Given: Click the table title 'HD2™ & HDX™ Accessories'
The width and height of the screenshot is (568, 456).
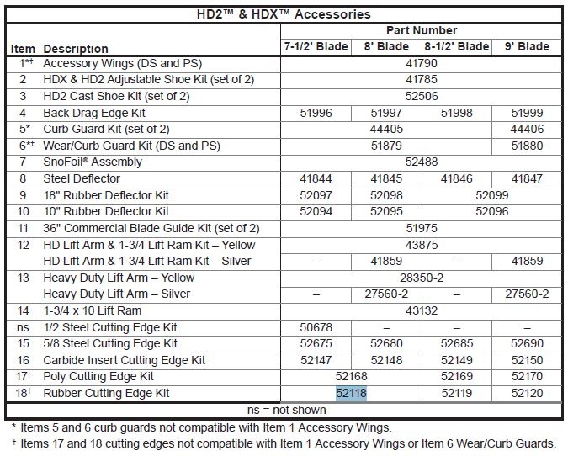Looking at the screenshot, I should tap(284, 14).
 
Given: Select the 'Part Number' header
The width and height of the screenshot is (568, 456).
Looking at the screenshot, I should tap(422, 30).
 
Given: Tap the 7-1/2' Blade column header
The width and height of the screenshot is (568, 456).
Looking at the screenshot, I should tap(315, 47).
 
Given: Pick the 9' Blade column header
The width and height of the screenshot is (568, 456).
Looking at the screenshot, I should tap(527, 47).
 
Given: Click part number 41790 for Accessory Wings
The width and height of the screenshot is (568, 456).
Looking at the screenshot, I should tap(422, 63).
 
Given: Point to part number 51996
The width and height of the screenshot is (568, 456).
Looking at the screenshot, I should tap(316, 113).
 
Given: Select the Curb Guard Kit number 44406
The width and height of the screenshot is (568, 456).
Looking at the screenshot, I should tap(527, 130).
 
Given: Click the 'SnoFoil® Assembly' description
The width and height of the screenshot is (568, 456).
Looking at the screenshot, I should tap(93, 162).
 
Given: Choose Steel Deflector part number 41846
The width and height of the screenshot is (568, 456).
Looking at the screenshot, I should tap(456, 178).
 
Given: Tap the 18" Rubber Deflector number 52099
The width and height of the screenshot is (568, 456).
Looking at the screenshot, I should tap(491, 195).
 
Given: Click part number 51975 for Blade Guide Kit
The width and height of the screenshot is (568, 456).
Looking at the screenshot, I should tap(422, 228).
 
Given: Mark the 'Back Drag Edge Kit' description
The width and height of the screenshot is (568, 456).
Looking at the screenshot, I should tap(94, 113).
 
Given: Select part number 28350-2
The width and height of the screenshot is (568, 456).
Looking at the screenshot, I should tap(422, 277).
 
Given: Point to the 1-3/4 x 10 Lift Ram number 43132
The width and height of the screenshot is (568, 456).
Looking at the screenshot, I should tap(422, 310).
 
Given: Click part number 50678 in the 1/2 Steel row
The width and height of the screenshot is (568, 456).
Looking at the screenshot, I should tap(316, 326).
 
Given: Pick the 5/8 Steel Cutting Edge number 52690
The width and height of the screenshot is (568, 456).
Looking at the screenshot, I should tap(527, 343).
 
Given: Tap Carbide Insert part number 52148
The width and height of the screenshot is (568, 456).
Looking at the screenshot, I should tap(386, 360).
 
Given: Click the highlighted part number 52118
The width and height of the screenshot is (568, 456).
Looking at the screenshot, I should tap(351, 393).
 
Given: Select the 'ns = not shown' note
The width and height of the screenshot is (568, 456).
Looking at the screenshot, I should tap(284, 410).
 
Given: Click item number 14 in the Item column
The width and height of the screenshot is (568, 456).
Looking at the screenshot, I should tap(23, 310).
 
